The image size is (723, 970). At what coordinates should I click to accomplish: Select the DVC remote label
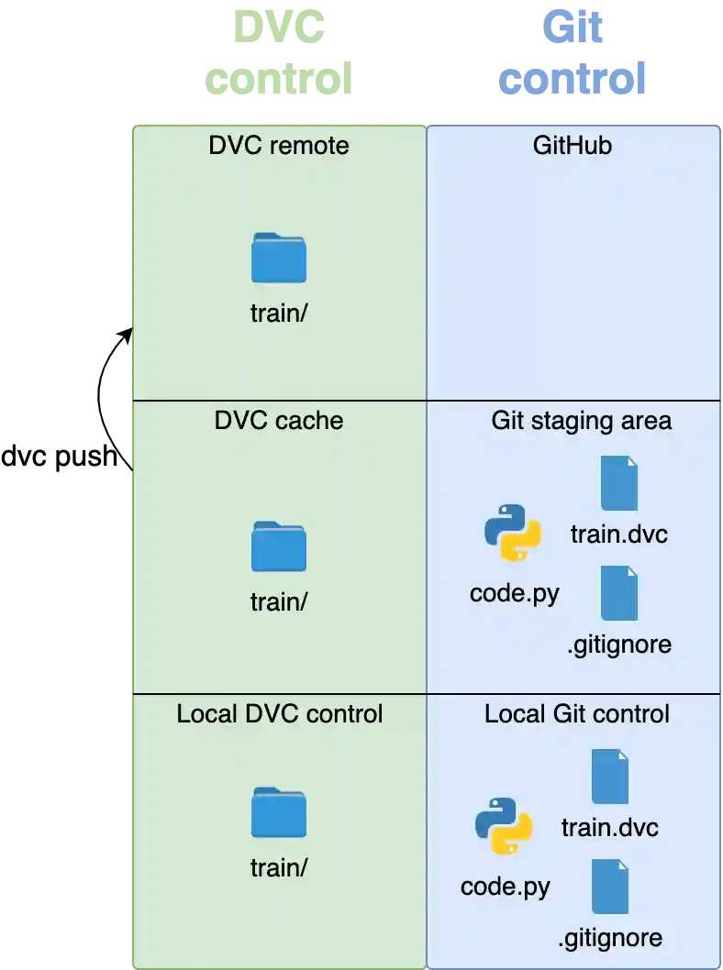[x=279, y=145]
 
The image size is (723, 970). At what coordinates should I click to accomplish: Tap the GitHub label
[x=573, y=145]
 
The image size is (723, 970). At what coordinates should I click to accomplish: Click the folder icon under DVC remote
[x=279, y=259]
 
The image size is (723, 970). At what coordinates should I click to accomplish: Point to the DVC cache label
[x=279, y=421]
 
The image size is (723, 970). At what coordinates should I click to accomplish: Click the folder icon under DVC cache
[x=279, y=546]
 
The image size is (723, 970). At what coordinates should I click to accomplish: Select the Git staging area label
[x=582, y=421]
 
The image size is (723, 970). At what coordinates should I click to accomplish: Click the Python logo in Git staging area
[x=512, y=533]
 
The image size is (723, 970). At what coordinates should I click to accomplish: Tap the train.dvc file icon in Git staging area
[x=619, y=483]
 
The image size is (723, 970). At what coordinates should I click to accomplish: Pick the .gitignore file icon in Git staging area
[x=619, y=593]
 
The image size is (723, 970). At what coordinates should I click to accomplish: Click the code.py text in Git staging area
[x=514, y=593]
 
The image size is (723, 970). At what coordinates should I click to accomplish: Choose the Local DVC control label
[x=279, y=713]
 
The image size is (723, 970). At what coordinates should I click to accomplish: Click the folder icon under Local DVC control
[x=279, y=812]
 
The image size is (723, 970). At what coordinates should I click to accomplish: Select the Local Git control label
[x=577, y=713]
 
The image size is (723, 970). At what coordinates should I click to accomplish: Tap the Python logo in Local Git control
[x=503, y=826]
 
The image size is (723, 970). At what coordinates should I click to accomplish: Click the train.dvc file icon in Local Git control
[x=610, y=777]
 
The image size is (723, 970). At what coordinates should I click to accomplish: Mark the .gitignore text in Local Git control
[x=610, y=938]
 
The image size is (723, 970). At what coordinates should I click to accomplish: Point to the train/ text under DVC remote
[x=279, y=313]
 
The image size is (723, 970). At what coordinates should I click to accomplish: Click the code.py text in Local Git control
[x=505, y=887]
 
